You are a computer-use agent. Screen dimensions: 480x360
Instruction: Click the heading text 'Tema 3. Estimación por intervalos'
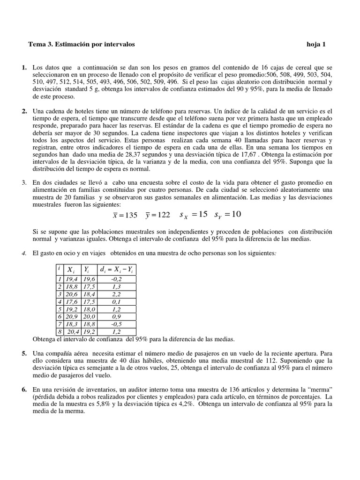coord(82,45)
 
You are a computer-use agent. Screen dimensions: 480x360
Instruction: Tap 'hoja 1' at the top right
coord(316,45)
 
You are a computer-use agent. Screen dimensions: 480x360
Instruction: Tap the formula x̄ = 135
coord(125,215)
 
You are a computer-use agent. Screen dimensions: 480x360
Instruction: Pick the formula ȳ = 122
coord(157,215)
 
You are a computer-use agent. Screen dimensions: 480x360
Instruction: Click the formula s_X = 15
coord(193,215)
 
